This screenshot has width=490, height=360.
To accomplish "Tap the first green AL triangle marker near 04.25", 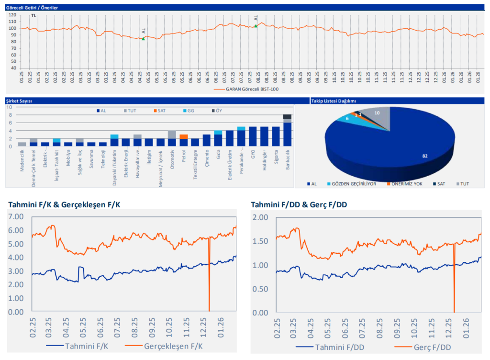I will [143, 38].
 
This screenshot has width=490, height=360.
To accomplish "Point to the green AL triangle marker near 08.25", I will [256, 26].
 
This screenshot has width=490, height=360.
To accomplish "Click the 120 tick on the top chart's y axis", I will [12, 15].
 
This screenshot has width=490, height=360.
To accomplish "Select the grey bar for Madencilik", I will [22, 144].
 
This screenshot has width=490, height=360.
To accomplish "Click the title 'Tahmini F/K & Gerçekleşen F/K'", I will [64, 204].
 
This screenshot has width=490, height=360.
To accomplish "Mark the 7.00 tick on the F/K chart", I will [17, 216].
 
